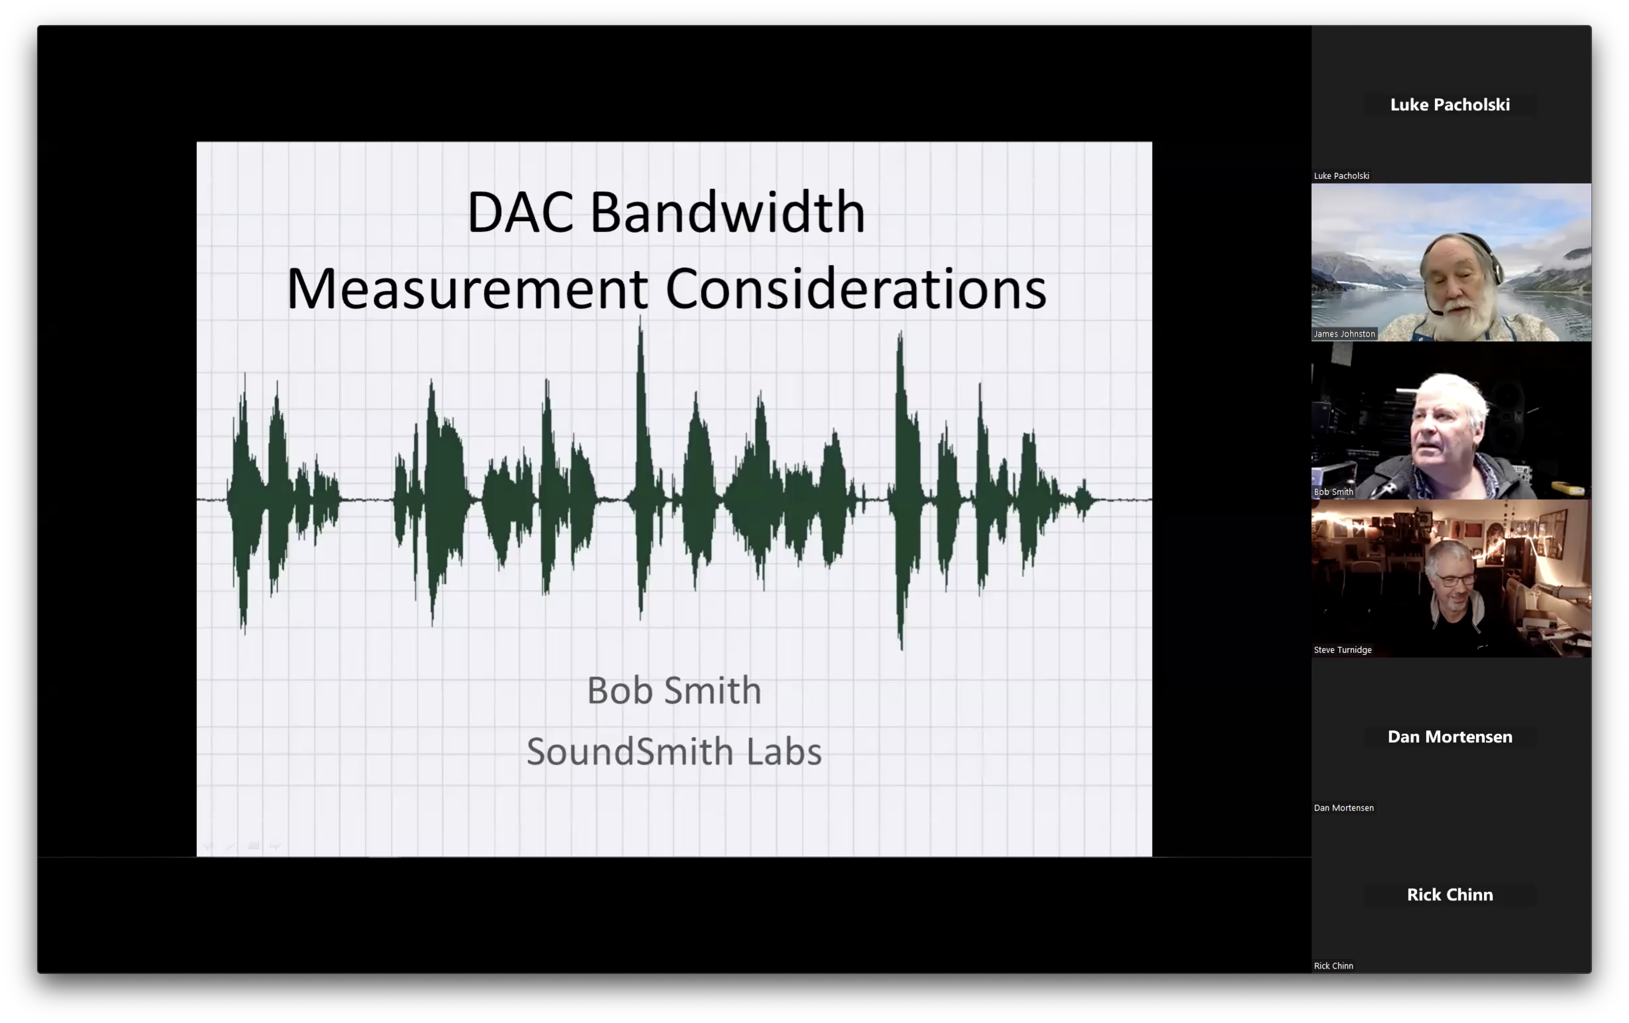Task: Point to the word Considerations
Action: coord(856,289)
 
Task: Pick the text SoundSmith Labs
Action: coord(674,752)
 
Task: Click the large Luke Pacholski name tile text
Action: coord(1450,105)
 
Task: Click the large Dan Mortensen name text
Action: coord(1450,737)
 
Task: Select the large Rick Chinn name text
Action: coord(1450,895)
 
